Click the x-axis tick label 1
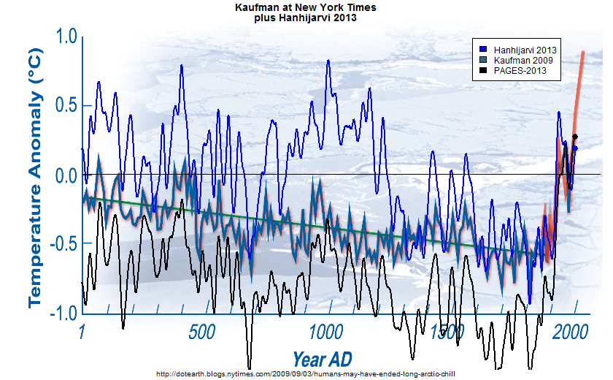pos(82,332)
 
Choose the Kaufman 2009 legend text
pos(518,60)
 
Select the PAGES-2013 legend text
pos(517,72)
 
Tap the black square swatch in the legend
pos(483,72)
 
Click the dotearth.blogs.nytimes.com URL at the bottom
pos(306,373)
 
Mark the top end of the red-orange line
pos(583,52)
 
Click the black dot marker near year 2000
pos(575,137)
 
